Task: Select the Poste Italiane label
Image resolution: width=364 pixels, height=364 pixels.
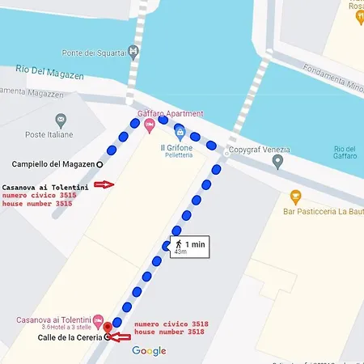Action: click(49, 134)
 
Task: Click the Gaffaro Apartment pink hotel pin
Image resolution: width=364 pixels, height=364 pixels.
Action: click(149, 125)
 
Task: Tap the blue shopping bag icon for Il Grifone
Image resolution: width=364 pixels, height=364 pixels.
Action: click(180, 132)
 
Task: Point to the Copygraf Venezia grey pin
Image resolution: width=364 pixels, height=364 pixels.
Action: click(277, 162)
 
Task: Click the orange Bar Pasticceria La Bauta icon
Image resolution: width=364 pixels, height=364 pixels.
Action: click(295, 196)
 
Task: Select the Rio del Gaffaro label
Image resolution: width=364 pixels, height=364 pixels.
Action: click(345, 153)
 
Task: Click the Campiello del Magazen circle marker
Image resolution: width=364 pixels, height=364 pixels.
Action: click(100, 163)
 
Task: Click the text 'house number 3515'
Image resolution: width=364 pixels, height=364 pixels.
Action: click(37, 204)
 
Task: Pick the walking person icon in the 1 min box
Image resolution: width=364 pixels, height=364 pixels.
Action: click(177, 243)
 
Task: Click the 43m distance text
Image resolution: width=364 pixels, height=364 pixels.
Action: click(180, 252)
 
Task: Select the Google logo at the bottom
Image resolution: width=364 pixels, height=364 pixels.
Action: click(149, 350)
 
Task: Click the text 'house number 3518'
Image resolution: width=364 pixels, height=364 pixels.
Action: click(170, 332)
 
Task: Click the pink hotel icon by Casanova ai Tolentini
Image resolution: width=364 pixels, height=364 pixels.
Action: click(99, 320)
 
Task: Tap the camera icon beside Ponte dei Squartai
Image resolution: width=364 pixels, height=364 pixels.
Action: click(133, 51)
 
